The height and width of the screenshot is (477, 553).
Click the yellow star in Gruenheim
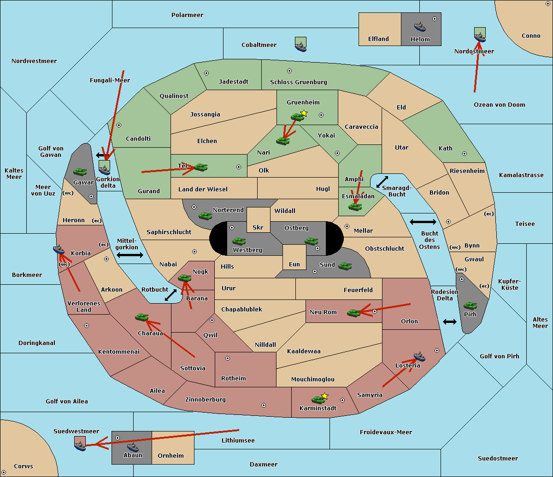click(x=304, y=113)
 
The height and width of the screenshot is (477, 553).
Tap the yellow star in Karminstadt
click(x=324, y=396)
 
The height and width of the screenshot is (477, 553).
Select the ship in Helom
click(x=420, y=27)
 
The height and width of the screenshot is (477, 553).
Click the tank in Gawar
click(x=80, y=172)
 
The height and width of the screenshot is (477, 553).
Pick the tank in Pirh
click(x=470, y=305)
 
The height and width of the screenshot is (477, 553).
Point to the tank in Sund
click(x=345, y=266)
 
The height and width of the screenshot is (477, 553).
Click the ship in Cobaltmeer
click(x=301, y=47)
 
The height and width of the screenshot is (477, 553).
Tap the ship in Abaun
click(x=133, y=447)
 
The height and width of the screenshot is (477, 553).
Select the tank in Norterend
click(x=205, y=216)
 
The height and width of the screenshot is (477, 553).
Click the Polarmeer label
click(x=187, y=15)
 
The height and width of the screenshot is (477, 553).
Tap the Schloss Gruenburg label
click(x=299, y=82)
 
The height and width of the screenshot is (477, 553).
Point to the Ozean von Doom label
click(x=500, y=105)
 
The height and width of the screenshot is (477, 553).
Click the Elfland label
click(x=378, y=39)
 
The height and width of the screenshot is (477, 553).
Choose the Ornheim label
click(x=171, y=456)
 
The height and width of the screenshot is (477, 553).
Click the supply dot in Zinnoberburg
click(x=264, y=405)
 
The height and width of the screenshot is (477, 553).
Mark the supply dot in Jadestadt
click(x=206, y=73)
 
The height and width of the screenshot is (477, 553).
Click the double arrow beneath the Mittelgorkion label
click(x=130, y=255)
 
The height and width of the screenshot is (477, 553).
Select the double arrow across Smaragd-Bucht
click(x=382, y=182)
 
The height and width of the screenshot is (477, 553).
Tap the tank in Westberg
click(x=239, y=241)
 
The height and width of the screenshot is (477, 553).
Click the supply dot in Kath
click(x=465, y=154)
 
